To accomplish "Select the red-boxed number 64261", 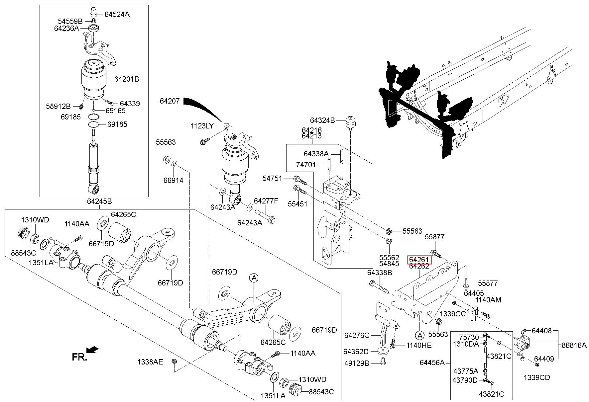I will (x=419, y=260).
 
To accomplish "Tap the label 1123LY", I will (x=202, y=126).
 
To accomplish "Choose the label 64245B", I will (x=99, y=201).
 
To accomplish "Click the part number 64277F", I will (x=266, y=201).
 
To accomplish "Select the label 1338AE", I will (x=150, y=362).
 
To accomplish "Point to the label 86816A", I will (x=574, y=345).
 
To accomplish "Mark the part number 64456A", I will (x=432, y=362).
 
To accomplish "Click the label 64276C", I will (x=357, y=335).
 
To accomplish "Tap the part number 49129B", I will (x=356, y=363).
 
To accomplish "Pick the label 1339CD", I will (x=537, y=377).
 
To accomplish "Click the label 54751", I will (x=272, y=179).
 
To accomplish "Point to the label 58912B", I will (x=58, y=106).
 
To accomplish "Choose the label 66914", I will (x=173, y=180).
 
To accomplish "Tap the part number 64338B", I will (x=380, y=273).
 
